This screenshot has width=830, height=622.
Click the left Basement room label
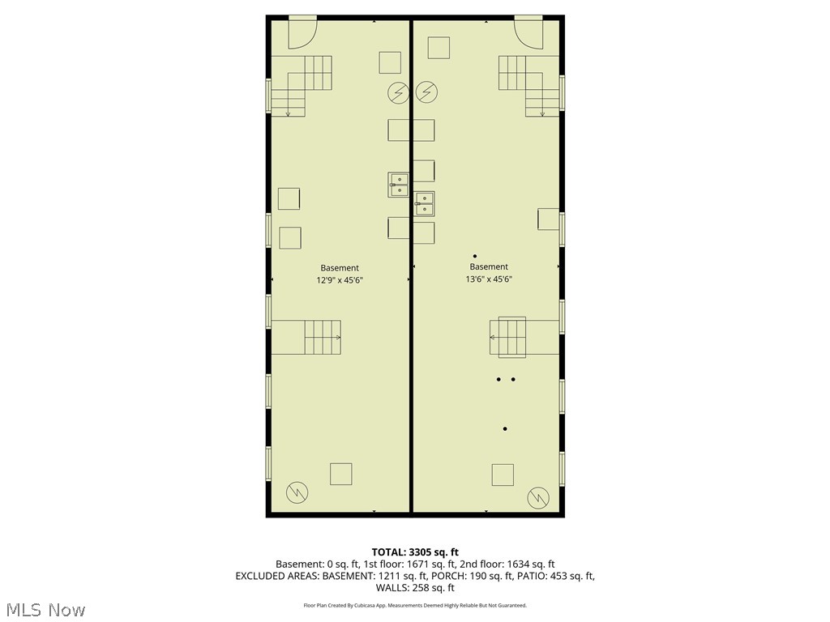pyautogui.click(x=340, y=268)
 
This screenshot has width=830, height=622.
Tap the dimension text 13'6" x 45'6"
pyautogui.click(x=489, y=279)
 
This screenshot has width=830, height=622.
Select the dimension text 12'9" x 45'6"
pyautogui.click(x=340, y=280)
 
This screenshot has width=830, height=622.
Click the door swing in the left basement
pyautogui.click(x=303, y=30)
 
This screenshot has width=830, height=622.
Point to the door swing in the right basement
pyautogui.click(x=528, y=30)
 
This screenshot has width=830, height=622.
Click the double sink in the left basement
pyautogui.click(x=398, y=185)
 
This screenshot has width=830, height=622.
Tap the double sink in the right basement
pyautogui.click(x=424, y=203)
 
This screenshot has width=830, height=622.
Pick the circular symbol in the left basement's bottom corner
pyautogui.click(x=297, y=492)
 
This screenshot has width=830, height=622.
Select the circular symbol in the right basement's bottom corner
pyautogui.click(x=537, y=497)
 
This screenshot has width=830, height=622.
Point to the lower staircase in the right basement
pyautogui.click(x=508, y=337)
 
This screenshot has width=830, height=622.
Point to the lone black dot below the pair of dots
pyautogui.click(x=505, y=428)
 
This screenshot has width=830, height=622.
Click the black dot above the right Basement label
pyautogui.click(x=475, y=256)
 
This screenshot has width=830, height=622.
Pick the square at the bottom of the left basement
pyautogui.click(x=340, y=474)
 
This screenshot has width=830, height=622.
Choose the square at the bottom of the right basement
pyautogui.click(x=503, y=475)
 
